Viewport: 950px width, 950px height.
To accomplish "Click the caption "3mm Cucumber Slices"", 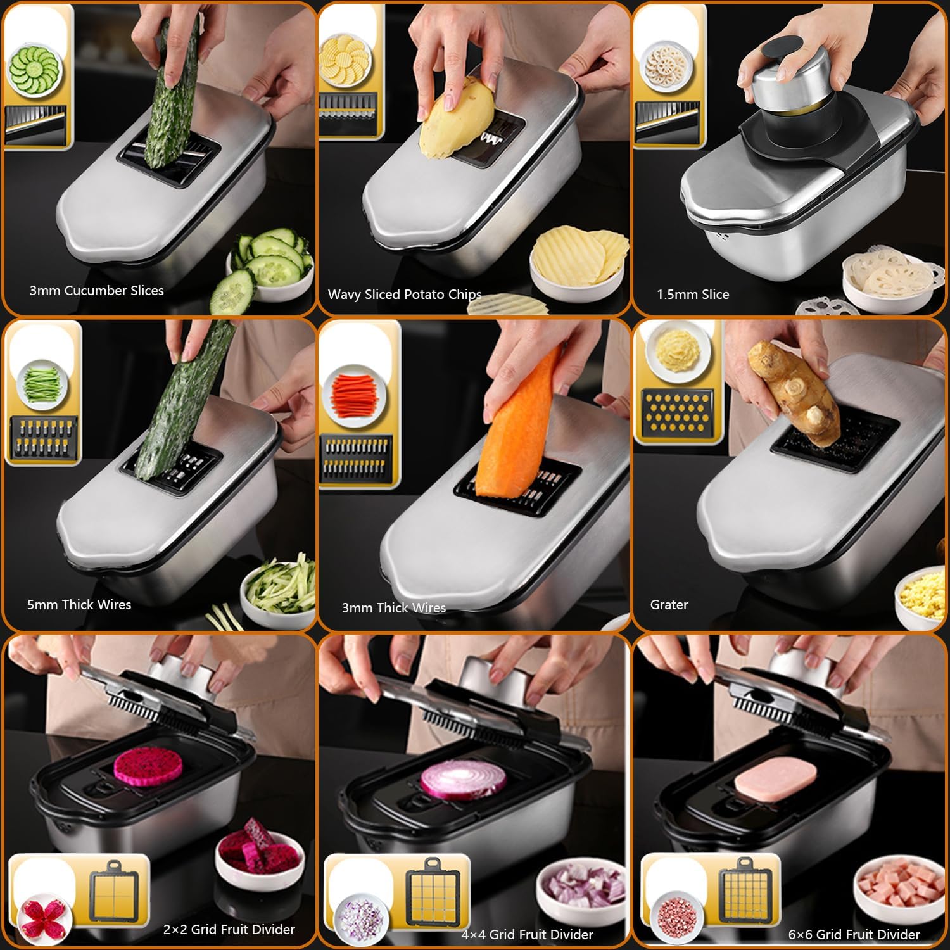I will tap(96, 291).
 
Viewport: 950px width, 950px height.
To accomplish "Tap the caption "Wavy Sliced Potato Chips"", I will tap(404, 294).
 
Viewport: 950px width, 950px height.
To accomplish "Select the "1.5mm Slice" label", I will tap(692, 294).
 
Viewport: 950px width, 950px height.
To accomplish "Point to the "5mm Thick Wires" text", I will tap(79, 605).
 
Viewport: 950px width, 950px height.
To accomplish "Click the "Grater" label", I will tap(669, 605).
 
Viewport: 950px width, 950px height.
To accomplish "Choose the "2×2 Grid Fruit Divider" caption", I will tap(229, 930).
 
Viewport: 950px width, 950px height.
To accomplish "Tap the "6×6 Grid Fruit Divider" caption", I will tap(854, 935).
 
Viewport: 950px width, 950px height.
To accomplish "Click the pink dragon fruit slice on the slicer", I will tap(148, 767).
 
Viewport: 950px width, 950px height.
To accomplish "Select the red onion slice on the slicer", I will tap(463, 779).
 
